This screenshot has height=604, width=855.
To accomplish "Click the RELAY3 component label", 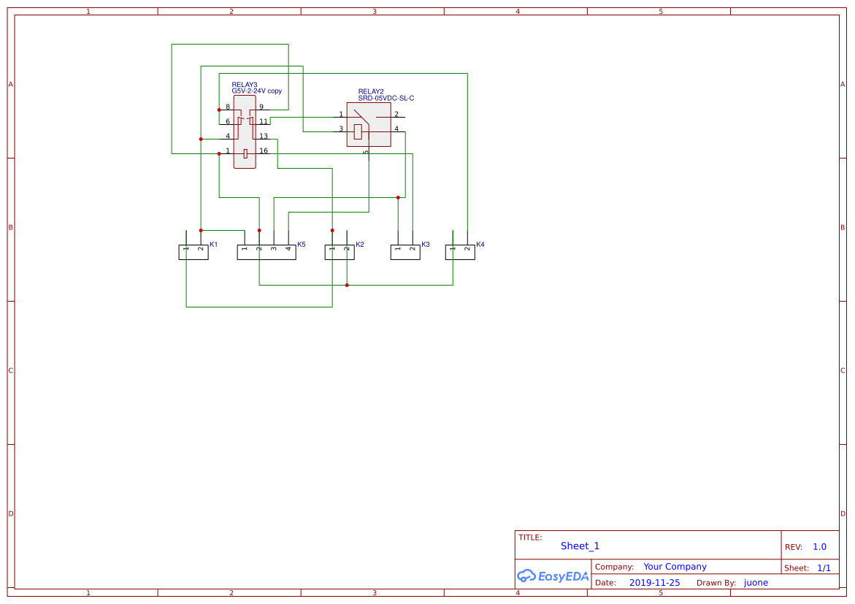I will tap(244, 85).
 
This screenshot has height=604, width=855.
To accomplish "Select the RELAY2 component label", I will tap(370, 91).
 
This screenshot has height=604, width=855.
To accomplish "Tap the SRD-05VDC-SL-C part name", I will tap(386, 98).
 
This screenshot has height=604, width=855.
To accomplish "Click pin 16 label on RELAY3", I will tap(264, 151).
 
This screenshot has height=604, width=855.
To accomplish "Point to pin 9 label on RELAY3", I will tap(261, 107).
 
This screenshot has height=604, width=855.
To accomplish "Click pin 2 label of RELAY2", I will tap(396, 115).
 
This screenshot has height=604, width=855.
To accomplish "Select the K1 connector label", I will tap(214, 245).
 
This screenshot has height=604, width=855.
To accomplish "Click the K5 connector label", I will tap(302, 245).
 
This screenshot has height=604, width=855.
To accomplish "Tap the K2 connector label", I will tap(360, 245).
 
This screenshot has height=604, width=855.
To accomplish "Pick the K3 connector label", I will tap(426, 245).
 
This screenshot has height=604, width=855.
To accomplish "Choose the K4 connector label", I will tap(480, 245).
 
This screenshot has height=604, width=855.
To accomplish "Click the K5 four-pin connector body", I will tap(267, 253).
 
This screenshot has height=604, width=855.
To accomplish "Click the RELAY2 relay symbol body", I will tap(369, 124).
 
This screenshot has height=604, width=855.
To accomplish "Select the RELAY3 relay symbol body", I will tap(245, 131).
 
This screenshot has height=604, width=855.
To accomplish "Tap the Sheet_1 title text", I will tap(580, 546).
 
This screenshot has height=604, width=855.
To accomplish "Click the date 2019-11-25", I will tap(654, 583).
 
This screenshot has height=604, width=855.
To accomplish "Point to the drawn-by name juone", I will tap(756, 583).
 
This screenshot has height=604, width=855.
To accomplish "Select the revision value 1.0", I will tap(819, 547).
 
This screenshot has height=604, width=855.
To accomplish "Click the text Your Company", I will tap(675, 567).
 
